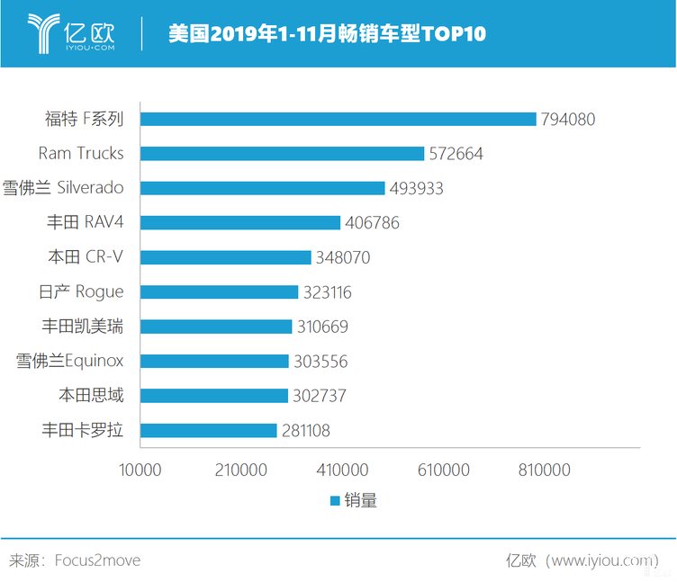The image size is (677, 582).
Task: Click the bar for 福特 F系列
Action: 338,119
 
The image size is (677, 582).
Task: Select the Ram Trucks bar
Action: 283,154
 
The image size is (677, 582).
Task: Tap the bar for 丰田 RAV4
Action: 241,223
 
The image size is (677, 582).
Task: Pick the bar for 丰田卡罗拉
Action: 209,431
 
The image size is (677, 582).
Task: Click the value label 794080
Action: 567,119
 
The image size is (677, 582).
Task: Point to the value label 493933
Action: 416,188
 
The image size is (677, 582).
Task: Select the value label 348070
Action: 342,258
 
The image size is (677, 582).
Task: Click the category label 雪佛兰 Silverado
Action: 62,188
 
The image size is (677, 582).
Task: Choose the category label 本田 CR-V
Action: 86,257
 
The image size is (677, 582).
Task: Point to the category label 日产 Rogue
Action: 82,292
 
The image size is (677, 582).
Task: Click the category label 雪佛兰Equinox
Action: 69,362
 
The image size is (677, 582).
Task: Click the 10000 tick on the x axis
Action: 140,470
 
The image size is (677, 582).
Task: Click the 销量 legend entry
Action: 353,501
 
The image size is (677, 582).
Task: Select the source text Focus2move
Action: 97,560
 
